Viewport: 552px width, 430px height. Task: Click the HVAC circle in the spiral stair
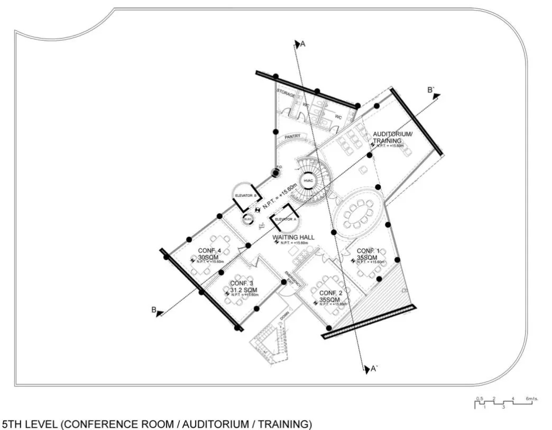[x=308, y=181]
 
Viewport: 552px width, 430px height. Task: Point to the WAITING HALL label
[x=293, y=237]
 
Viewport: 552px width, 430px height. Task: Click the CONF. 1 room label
[x=369, y=251]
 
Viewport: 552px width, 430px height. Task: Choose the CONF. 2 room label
[x=331, y=293]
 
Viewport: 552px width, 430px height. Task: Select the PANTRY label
[x=292, y=136]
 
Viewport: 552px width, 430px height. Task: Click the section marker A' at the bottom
[x=373, y=369]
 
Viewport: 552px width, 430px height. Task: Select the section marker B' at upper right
[x=431, y=90]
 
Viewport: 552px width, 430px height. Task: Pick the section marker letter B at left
[x=154, y=310]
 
